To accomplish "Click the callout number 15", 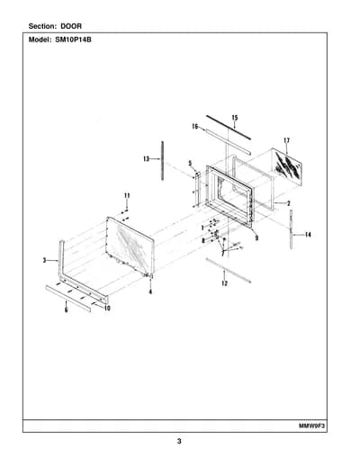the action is (235, 118).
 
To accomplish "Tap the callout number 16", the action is (195, 127).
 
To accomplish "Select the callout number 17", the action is (286, 140).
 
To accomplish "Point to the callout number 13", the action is (146, 159).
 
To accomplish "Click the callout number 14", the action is (308, 235).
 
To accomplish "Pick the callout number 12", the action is (224, 283).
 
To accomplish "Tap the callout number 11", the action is (127, 196).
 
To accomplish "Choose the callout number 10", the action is (107, 309).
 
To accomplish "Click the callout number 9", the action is (256, 238).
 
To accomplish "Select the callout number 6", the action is (67, 310).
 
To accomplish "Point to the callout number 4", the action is (150, 291).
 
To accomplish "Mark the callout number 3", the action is (44, 261).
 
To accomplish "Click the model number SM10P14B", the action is (73, 40).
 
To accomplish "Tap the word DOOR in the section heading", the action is (71, 26).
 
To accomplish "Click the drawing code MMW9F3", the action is (312, 426).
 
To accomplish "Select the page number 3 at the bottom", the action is (179, 441).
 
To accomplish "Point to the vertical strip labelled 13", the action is (163, 161).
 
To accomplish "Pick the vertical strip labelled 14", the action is (291, 229).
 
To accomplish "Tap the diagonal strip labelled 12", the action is (229, 270).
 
